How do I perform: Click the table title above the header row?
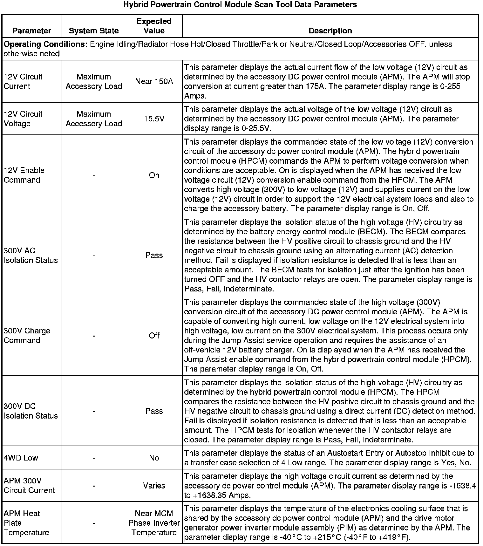point(240,5)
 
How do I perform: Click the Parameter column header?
point(32,31)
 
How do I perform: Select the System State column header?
point(94,31)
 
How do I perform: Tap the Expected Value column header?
point(154,26)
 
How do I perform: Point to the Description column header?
point(330,31)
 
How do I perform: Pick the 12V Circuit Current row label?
point(23,81)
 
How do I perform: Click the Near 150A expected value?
point(154,81)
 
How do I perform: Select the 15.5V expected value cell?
point(154,119)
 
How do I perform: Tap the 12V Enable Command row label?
point(24,175)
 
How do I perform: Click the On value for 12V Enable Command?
point(154,175)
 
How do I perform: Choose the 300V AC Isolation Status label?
point(31,256)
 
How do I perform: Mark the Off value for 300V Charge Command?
point(154,336)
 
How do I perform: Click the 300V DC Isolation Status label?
point(31,411)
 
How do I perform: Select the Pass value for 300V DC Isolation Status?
point(154,411)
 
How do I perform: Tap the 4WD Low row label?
point(21,458)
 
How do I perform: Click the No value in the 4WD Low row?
point(154,458)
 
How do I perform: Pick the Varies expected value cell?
point(154,486)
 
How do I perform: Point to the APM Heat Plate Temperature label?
point(26,523)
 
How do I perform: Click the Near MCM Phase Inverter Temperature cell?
point(154,523)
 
